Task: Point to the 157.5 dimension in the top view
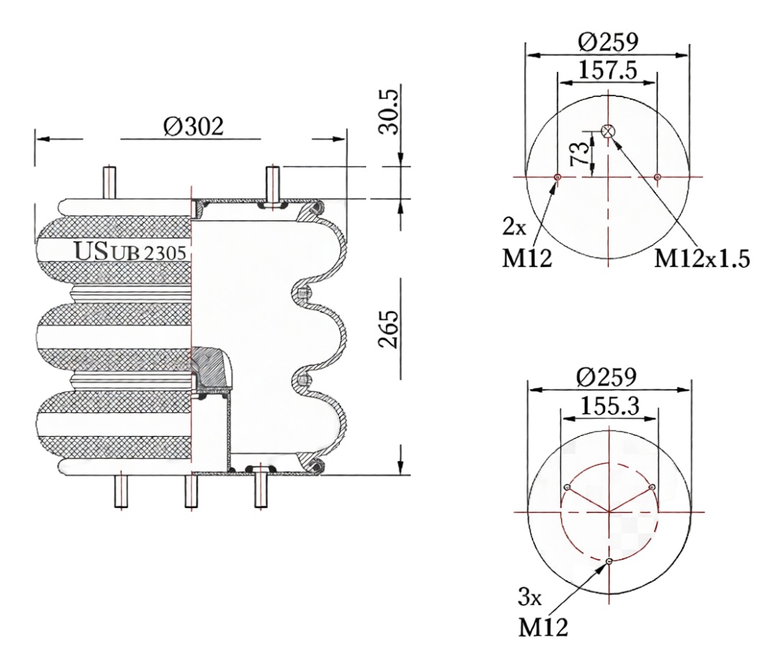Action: point(606,71)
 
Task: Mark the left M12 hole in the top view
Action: point(557,176)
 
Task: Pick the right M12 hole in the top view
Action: point(658,176)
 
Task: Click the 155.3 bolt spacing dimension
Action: point(608,407)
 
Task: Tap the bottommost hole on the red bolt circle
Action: point(609,561)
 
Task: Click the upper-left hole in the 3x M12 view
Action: point(568,488)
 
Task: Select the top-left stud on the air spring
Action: point(109,183)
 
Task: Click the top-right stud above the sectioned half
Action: point(273,183)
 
